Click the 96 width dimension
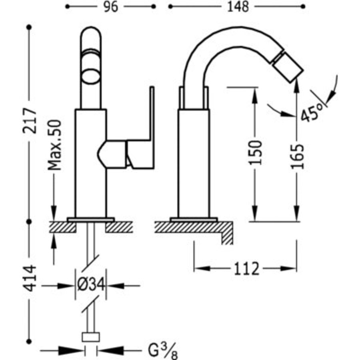pyautogui.click(x=111, y=7)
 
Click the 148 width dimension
pyautogui.click(x=238, y=7)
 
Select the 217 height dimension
pyautogui.click(x=30, y=121)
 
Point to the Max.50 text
pyautogui.click(x=55, y=145)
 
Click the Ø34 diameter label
pyautogui.click(x=91, y=284)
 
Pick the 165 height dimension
pyautogui.click(x=297, y=156)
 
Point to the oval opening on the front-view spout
pyautogui.click(x=91, y=77)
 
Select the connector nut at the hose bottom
pyautogui.click(x=91, y=337)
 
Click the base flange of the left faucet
pyautogui.click(x=91, y=220)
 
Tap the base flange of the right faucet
pyautogui.click(x=194, y=220)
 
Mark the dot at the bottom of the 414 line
pyautogui.click(x=29, y=342)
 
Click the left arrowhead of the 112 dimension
pyautogui.click(x=202, y=268)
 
